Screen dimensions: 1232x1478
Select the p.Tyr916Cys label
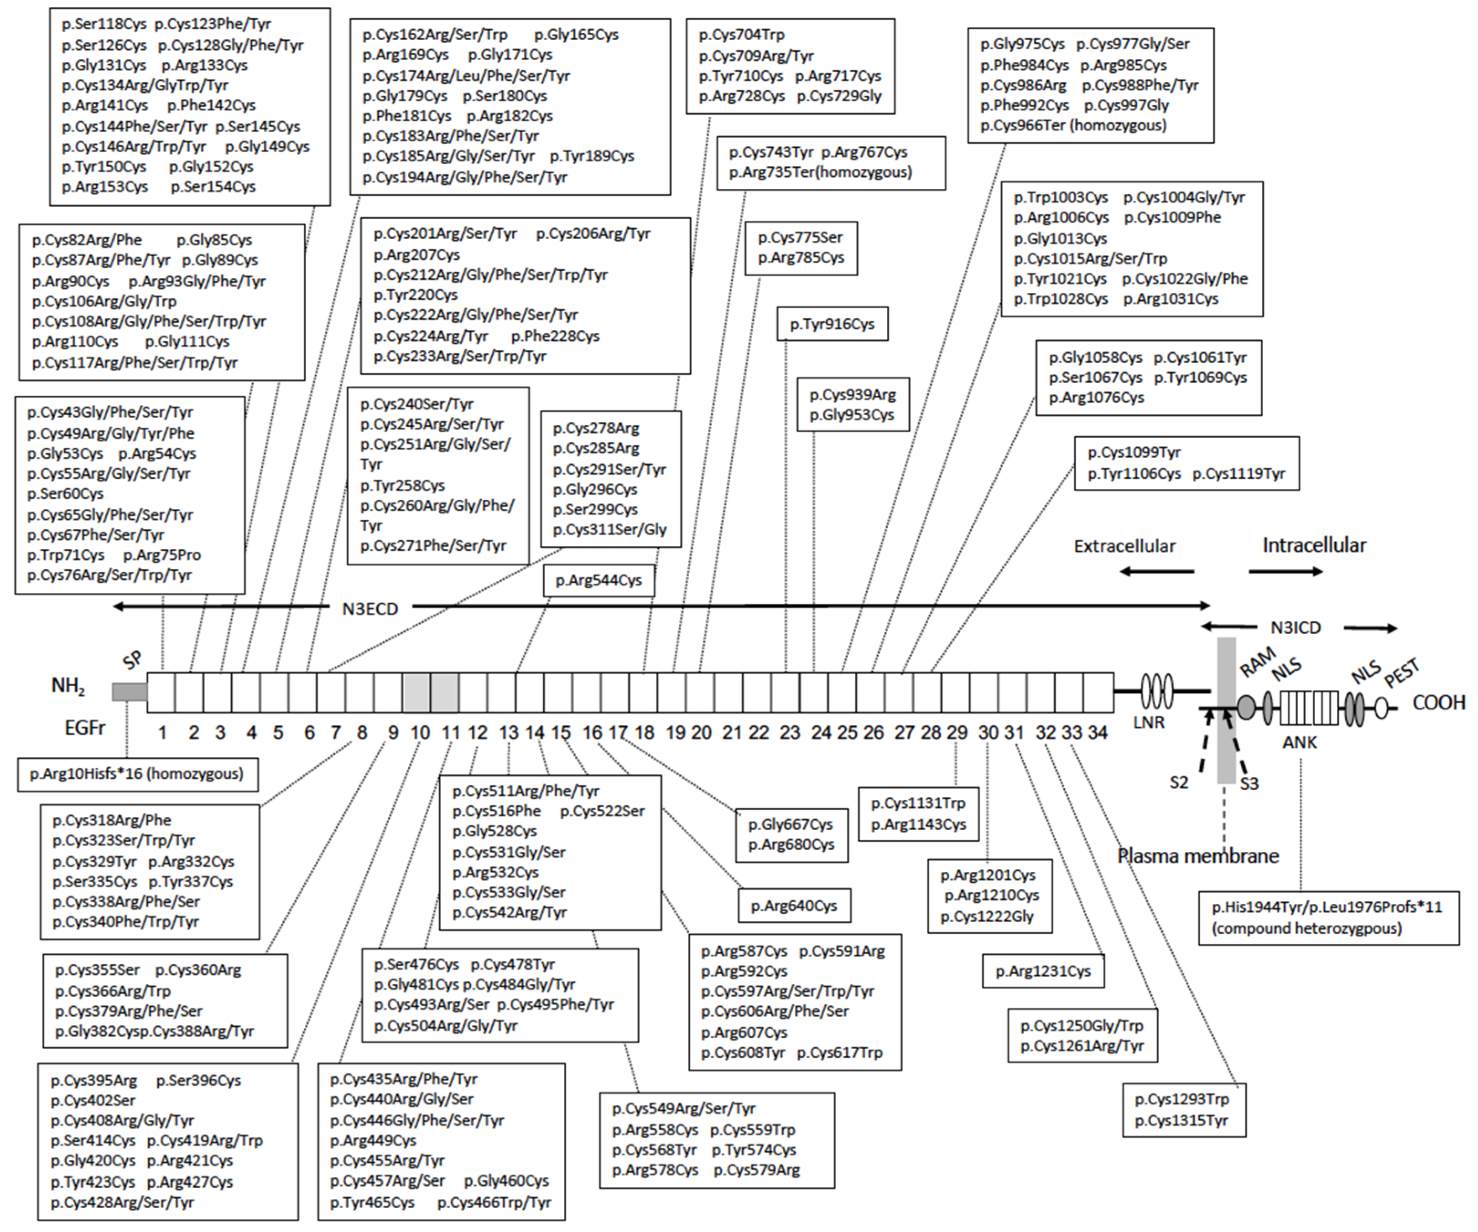[832, 324]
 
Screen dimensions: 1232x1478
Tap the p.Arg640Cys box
[794, 906]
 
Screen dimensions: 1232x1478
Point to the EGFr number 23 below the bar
[790, 732]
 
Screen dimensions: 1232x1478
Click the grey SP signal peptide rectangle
[130, 692]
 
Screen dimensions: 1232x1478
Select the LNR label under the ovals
[1149, 722]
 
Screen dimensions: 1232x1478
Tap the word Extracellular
[1124, 546]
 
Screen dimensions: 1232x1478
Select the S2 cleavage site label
[1179, 782]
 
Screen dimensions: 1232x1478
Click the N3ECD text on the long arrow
[370, 609]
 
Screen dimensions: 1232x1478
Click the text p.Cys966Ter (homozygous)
[1073, 125]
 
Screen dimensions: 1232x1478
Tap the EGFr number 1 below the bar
[162, 732]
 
